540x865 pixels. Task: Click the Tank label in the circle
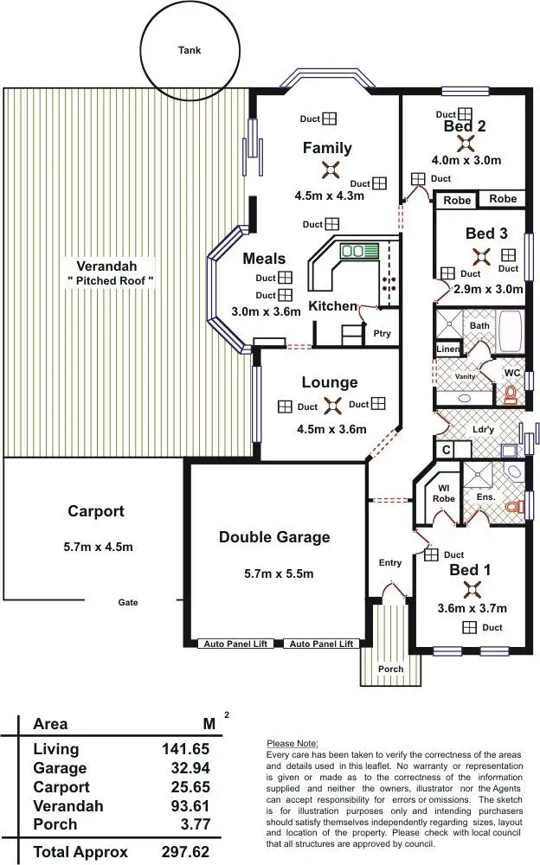click(190, 50)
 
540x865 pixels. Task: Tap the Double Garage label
click(274, 537)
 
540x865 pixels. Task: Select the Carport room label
click(95, 511)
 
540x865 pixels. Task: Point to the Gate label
click(128, 603)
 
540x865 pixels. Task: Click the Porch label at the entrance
click(390, 669)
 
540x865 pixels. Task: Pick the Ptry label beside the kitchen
click(382, 333)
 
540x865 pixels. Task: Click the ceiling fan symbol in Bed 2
click(464, 144)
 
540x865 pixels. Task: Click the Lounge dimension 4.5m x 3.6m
click(331, 429)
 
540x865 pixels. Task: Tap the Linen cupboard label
click(447, 349)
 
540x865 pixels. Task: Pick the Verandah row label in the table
click(68, 806)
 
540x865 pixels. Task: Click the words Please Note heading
click(292, 743)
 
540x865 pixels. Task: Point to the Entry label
click(390, 563)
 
